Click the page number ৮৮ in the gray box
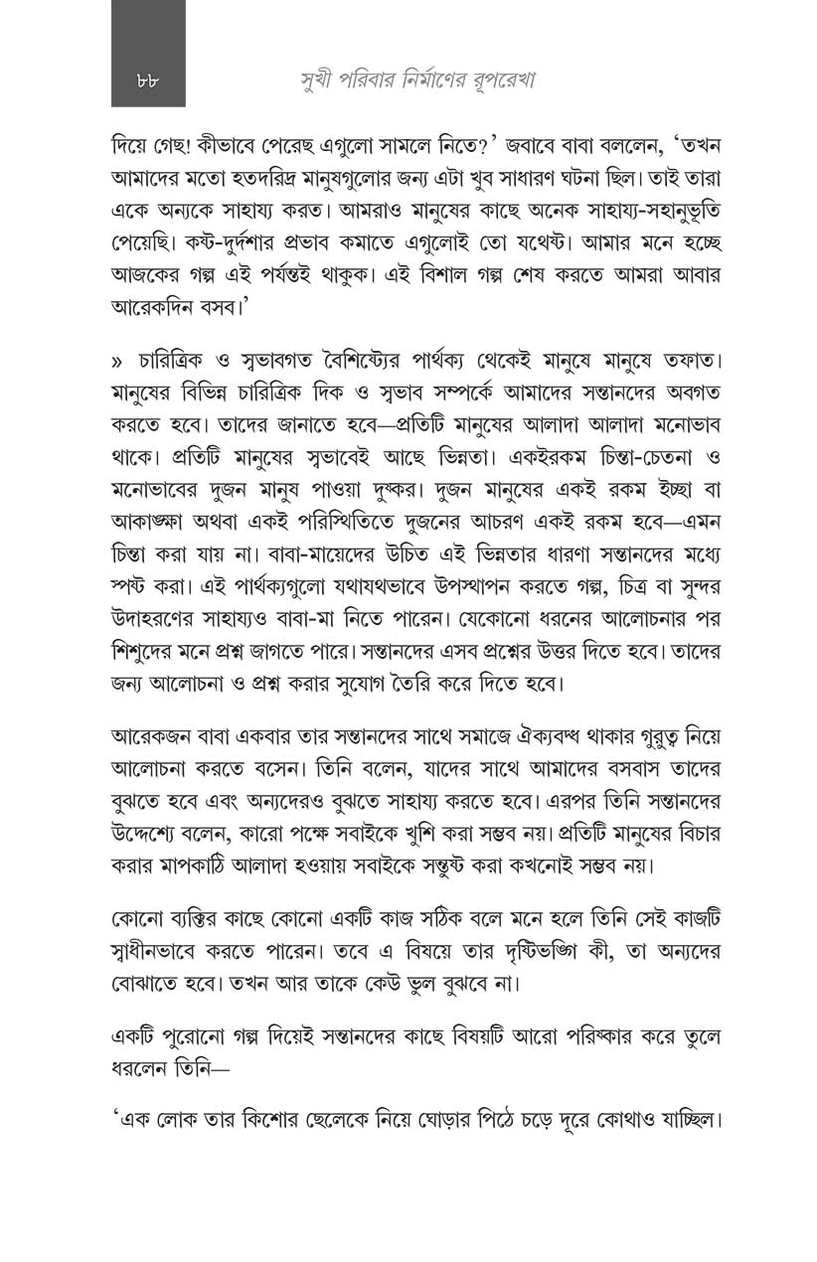pos(147,81)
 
